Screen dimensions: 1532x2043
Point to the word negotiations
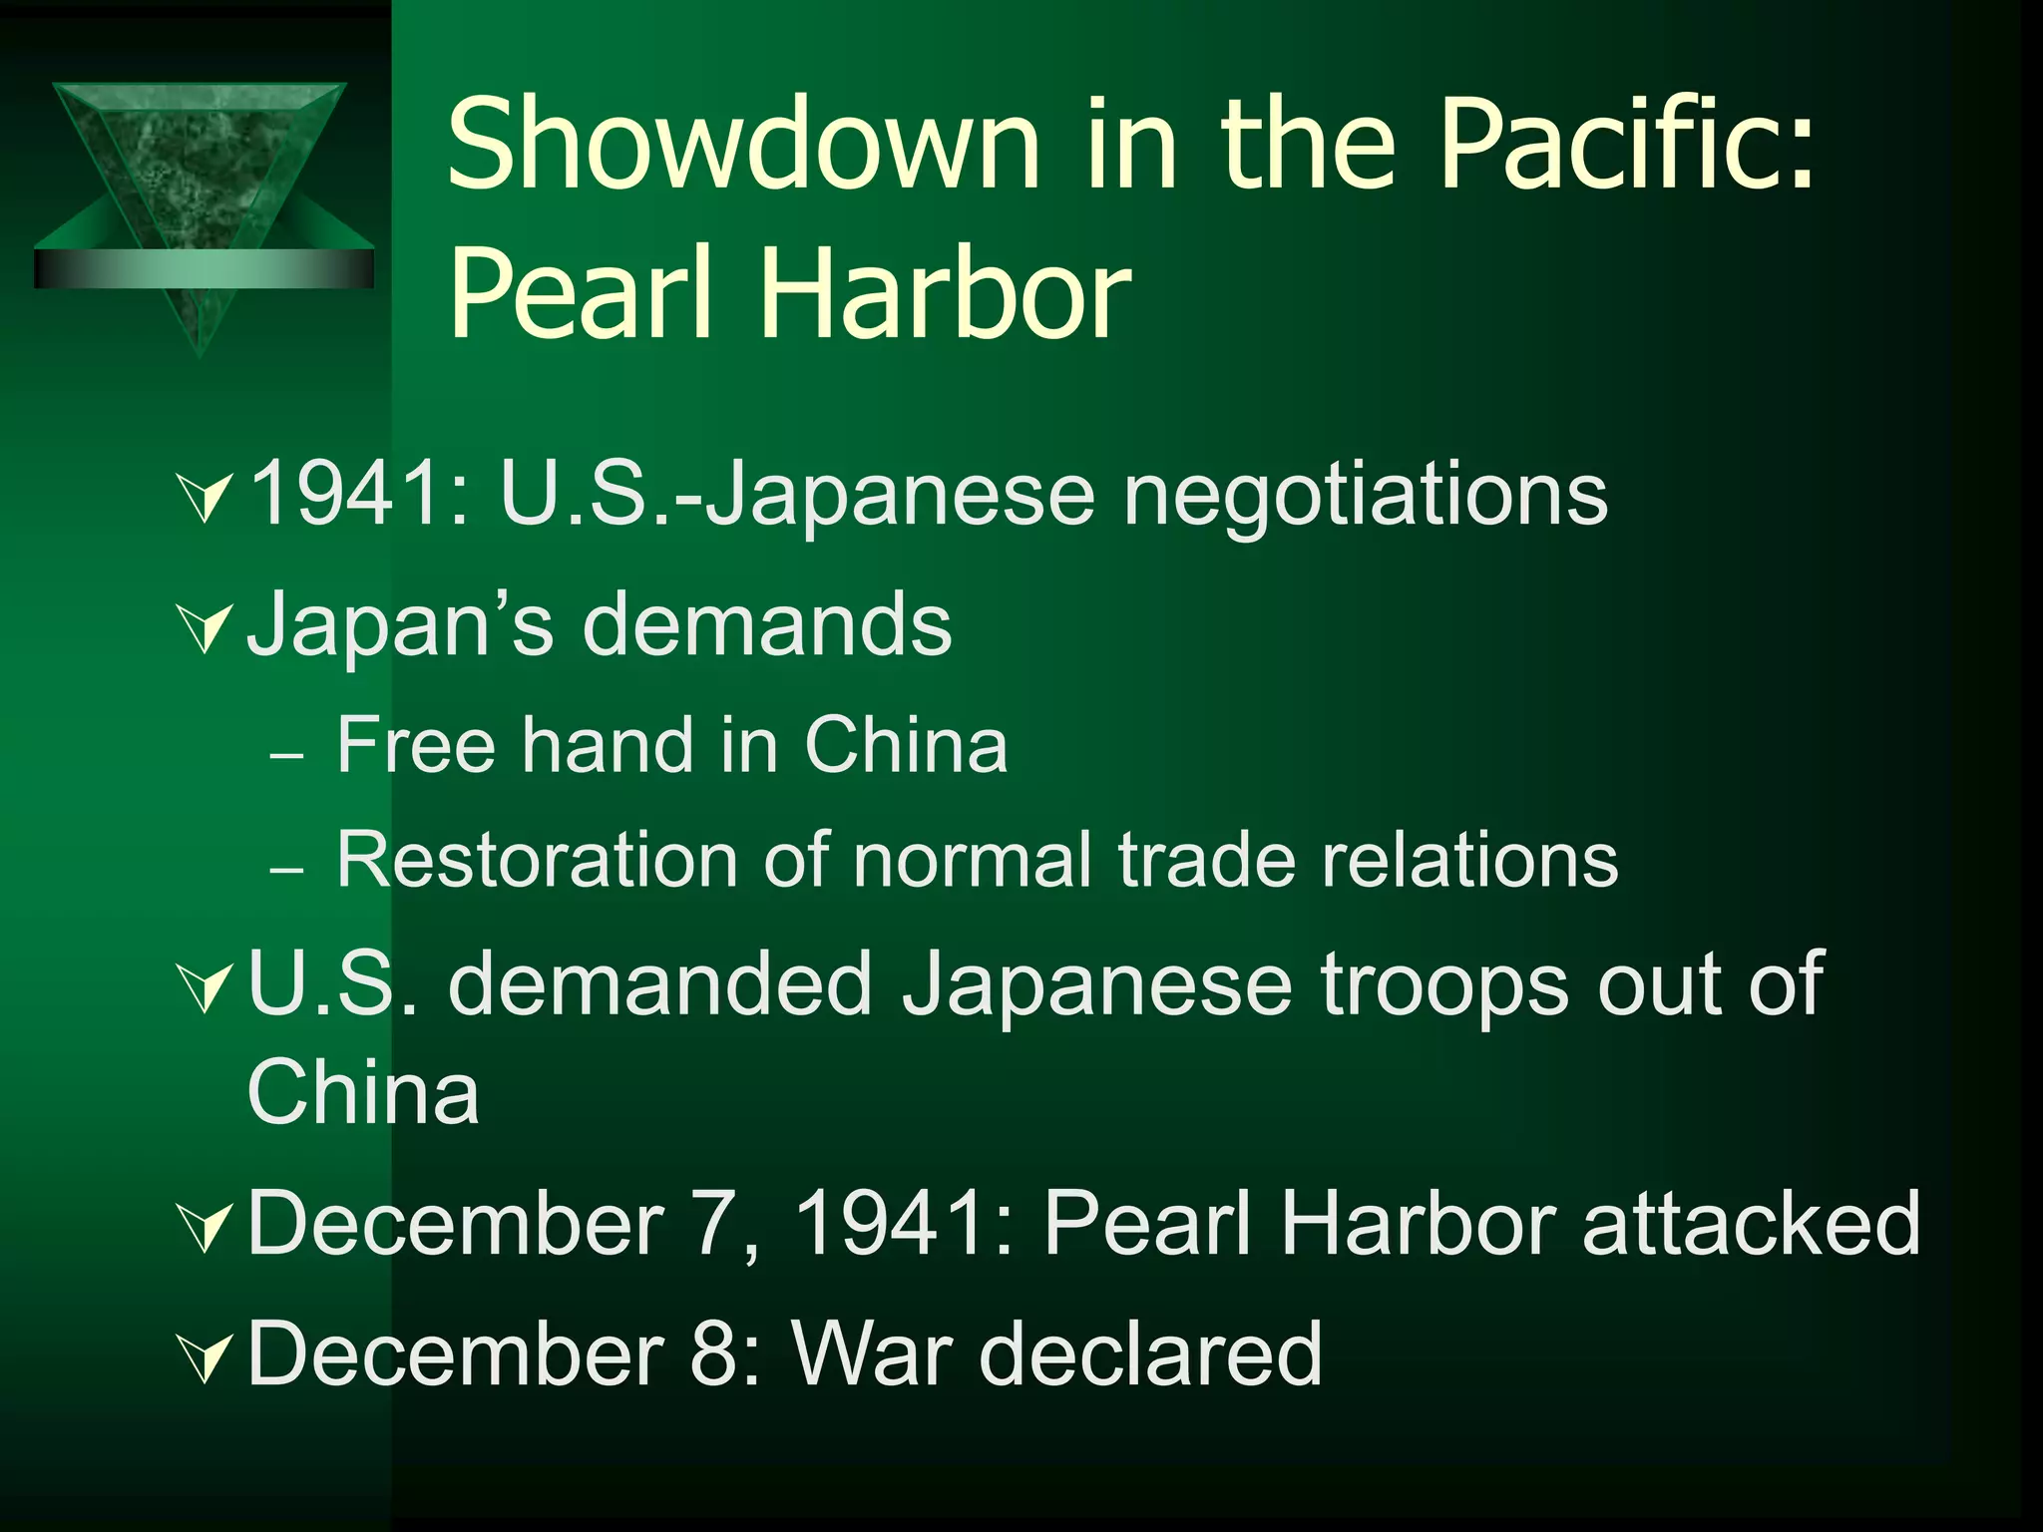(x=1366, y=496)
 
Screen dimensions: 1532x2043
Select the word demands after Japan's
(x=767, y=625)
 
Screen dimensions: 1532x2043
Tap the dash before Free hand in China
(x=287, y=756)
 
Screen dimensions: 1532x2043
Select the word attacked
(x=1751, y=1224)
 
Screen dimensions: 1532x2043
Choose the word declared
(x=1151, y=1353)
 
